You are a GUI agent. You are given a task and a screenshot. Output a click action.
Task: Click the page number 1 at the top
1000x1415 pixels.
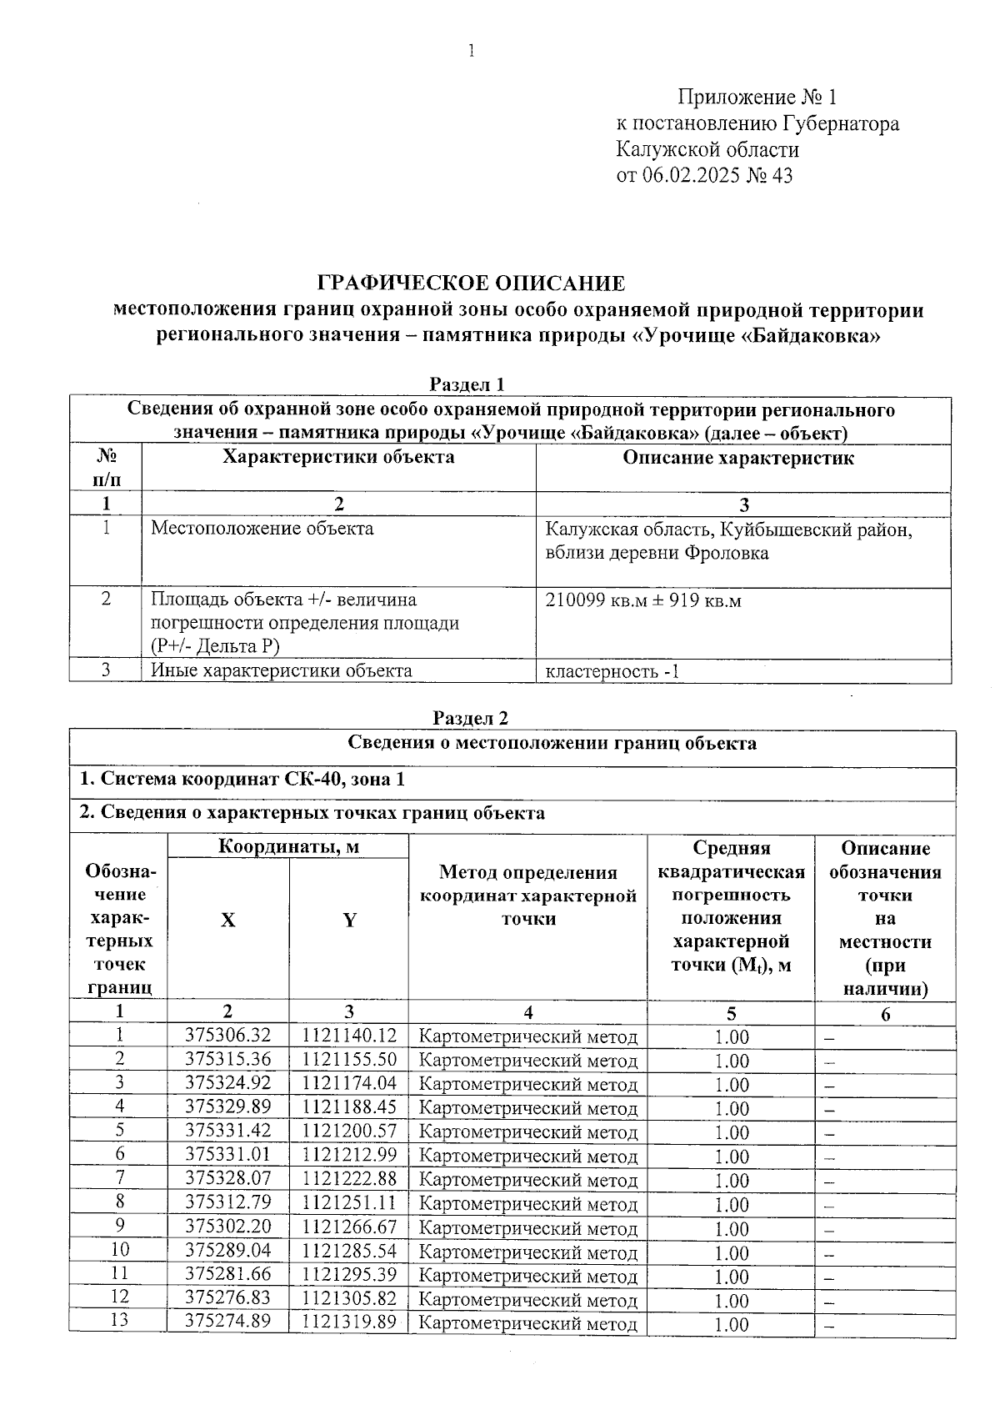(x=472, y=52)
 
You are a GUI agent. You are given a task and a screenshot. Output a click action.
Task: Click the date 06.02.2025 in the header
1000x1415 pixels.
(x=690, y=176)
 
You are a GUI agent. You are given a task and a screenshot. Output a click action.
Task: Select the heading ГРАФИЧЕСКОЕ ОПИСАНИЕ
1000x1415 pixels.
(x=472, y=284)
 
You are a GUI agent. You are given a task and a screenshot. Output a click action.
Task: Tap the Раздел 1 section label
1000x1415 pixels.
(x=467, y=384)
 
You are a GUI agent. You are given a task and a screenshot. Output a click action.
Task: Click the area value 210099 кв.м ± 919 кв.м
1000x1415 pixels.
(x=642, y=600)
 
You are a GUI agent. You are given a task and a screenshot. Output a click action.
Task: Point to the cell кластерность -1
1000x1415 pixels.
(x=612, y=671)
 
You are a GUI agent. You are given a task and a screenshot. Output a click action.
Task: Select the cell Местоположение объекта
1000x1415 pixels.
(x=262, y=529)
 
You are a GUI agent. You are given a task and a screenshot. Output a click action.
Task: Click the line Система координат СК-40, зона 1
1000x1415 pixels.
(x=242, y=780)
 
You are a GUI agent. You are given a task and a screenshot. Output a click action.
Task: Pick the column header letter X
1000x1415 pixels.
(x=227, y=920)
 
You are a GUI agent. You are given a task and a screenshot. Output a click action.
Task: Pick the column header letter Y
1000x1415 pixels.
(x=350, y=920)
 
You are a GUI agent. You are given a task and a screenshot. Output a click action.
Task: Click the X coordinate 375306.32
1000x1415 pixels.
(x=227, y=1036)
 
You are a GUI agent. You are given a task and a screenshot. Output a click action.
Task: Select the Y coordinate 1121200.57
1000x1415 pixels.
(x=349, y=1131)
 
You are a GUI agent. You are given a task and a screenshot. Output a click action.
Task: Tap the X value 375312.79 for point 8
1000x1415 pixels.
(x=227, y=1203)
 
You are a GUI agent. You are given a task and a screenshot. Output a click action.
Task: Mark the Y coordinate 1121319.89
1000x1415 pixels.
(x=349, y=1322)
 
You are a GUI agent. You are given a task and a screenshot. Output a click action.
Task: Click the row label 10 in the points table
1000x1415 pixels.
(x=120, y=1251)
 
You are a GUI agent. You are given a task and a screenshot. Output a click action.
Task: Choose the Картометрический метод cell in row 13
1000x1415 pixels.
(x=527, y=1324)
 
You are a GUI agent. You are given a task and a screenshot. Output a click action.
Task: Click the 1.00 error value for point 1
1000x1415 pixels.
(x=732, y=1037)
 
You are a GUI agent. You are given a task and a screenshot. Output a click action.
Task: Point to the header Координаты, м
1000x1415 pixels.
(x=288, y=847)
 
